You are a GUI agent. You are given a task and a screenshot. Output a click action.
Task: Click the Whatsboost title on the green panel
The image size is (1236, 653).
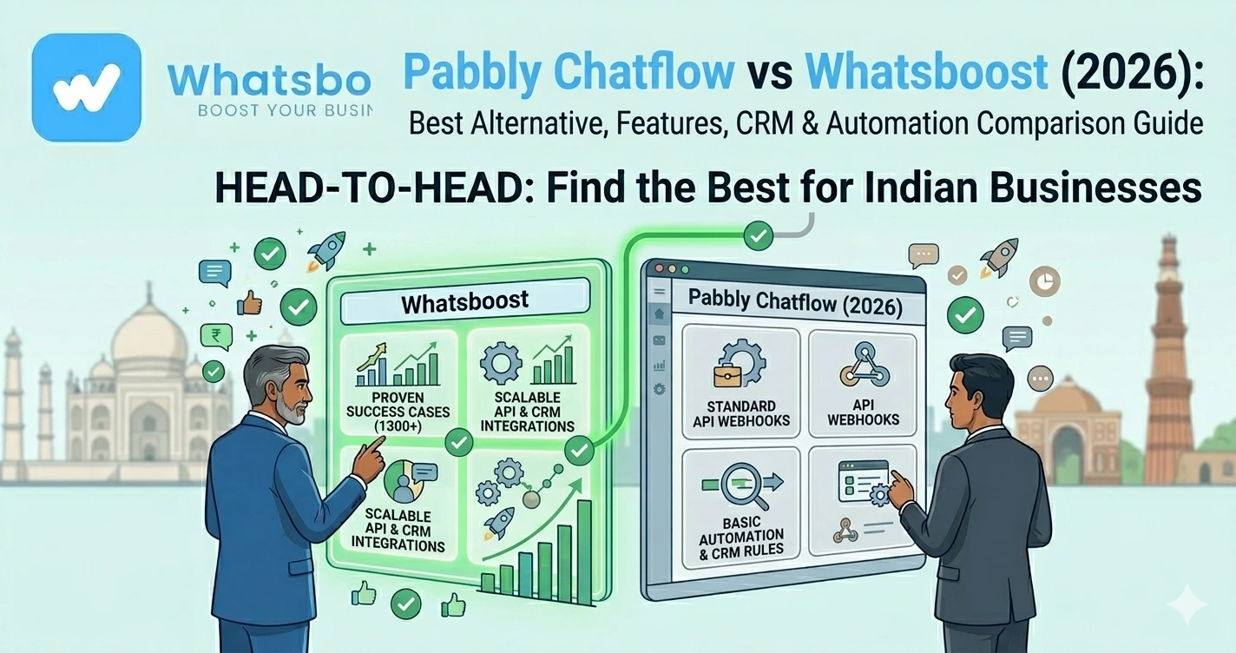pos(464,303)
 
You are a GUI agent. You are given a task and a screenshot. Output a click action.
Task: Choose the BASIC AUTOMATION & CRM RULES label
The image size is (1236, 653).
pos(740,534)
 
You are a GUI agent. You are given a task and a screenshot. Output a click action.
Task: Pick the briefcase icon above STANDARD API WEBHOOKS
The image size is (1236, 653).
pos(727,377)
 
